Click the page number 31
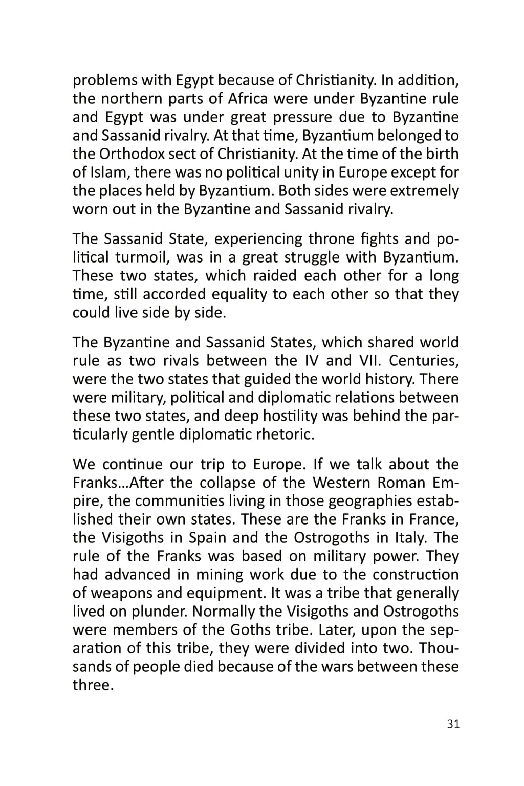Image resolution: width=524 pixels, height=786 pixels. pos(453,724)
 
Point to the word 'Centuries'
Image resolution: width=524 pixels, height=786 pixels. pos(424,361)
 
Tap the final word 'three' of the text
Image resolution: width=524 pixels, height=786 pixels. pos(92,685)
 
